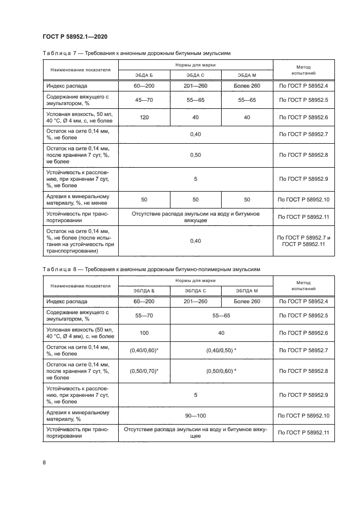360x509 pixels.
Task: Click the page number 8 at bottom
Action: pyautogui.click(x=44, y=462)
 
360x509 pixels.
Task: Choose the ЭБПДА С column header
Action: pyautogui.click(x=195, y=291)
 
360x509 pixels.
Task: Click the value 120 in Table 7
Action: pyautogui.click(x=144, y=117)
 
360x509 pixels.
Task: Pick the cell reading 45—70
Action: pyautogui.click(x=144, y=100)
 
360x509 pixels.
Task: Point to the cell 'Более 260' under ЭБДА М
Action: pyautogui.click(x=246, y=86)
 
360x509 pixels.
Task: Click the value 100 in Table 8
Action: pyautogui.click(x=144, y=332)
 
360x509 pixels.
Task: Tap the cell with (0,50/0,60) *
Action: pyautogui.click(x=221, y=371)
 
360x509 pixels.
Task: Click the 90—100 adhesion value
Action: pyautogui.click(x=195, y=415)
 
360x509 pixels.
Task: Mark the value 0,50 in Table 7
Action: pyautogui.click(x=195, y=155)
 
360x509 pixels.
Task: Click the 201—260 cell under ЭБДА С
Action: pyautogui.click(x=195, y=86)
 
